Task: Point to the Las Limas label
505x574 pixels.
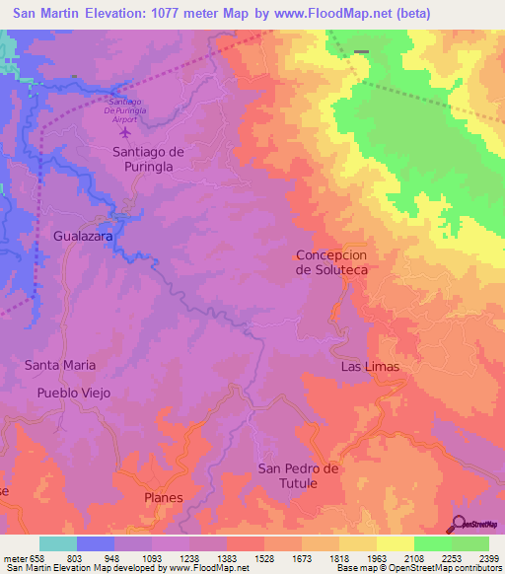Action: pos(370,367)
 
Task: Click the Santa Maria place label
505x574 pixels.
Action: pos(60,365)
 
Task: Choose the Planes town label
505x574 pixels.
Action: pos(164,498)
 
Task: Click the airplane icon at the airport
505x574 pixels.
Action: pos(125,131)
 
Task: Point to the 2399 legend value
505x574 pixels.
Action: pos(487,559)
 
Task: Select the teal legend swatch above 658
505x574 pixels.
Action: pos(57,543)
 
